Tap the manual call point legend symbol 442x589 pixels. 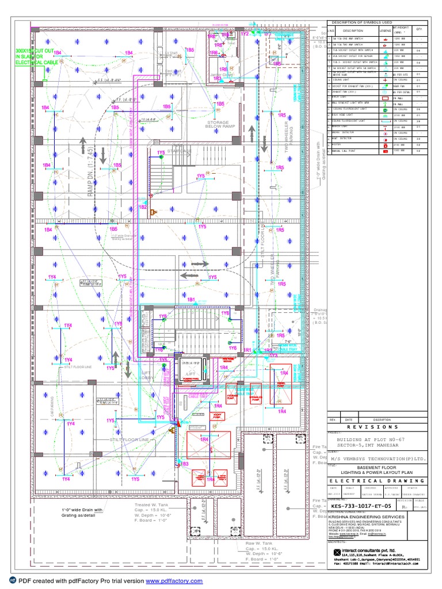pos(384,151)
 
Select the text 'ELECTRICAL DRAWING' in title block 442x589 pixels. pos(377,481)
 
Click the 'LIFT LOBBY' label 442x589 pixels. pos(147,375)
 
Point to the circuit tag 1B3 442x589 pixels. pos(184,463)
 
